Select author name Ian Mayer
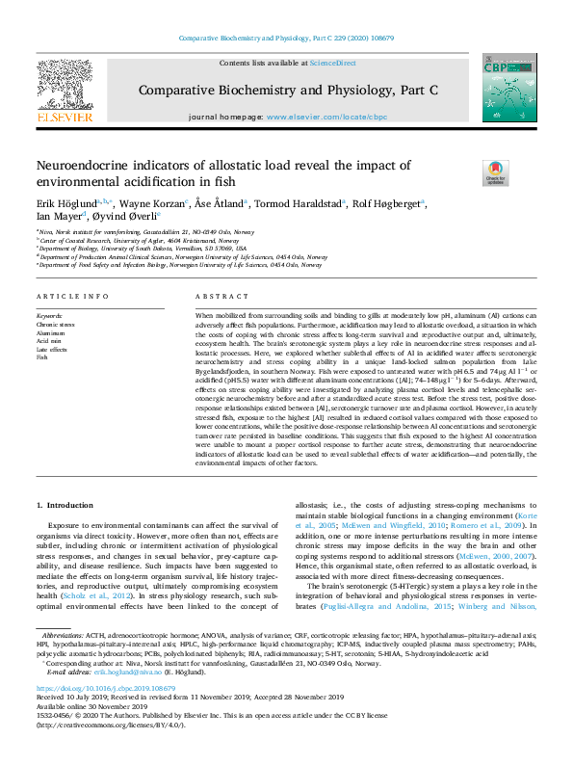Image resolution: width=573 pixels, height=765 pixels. [x=62, y=217]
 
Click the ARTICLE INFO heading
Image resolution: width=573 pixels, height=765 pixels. [x=72, y=297]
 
